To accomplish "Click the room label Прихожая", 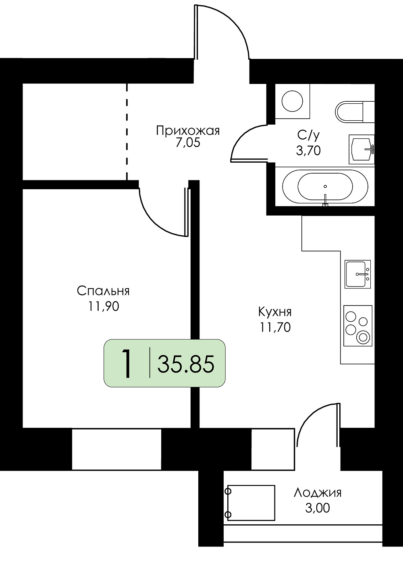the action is [188, 131].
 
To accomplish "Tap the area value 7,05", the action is [188, 143].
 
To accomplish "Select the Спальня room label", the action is [103, 291].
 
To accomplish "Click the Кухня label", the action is [275, 312].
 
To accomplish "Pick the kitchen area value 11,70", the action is [275, 327].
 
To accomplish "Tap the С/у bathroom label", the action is [309, 136].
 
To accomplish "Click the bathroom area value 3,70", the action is [309, 151].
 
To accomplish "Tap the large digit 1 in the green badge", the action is [127, 364].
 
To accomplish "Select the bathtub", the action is [325, 186].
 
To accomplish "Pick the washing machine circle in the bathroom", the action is [292, 101].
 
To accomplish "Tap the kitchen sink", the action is [358, 274].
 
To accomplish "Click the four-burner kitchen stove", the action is [358, 326].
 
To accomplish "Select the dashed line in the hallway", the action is [127, 132].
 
